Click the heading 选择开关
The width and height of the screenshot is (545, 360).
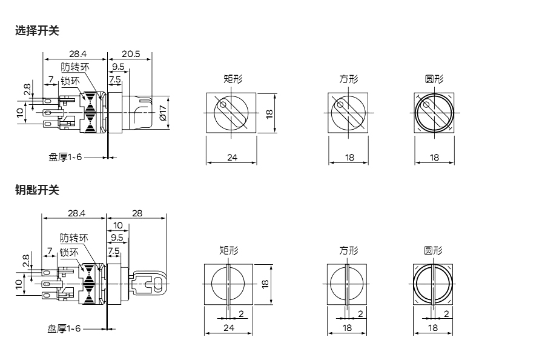37,31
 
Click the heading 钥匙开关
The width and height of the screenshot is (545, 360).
37,190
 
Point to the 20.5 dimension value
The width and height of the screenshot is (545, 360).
131,54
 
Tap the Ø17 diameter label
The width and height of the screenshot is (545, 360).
163,112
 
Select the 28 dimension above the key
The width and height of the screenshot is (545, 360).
137,213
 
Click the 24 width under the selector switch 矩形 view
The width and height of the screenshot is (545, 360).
232,158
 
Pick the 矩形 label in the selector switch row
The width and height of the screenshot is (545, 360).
233,79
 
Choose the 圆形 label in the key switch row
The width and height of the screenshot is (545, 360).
433,250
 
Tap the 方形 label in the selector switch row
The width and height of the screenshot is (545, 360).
349,79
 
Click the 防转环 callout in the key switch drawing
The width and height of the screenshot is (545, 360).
74,238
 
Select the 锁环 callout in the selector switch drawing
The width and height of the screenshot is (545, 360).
70,81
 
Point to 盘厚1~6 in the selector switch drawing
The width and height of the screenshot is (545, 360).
65,157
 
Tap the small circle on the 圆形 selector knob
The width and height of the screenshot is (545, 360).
426,104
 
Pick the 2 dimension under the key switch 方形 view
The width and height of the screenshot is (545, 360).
360,314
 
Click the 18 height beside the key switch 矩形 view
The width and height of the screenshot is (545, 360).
265,284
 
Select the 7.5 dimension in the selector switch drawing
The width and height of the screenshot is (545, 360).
114,79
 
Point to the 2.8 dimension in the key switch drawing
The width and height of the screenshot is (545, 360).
25,261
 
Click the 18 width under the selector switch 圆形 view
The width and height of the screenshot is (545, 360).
434,158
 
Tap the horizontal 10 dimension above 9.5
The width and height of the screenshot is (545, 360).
118,225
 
